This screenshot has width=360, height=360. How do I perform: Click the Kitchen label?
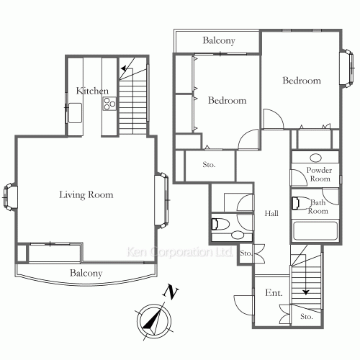[x=92, y=91]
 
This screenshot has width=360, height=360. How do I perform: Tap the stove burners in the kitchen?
[x=109, y=105]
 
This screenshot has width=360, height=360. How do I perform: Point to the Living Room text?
[x=86, y=195]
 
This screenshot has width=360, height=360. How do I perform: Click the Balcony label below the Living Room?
[x=86, y=274]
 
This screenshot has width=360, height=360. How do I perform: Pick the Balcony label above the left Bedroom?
[x=218, y=41]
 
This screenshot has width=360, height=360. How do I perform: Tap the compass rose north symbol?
[x=153, y=320]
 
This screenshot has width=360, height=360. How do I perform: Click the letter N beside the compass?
[x=171, y=292]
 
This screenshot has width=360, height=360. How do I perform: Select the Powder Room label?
[x=318, y=174]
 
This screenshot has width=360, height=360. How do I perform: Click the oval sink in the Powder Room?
[x=315, y=158]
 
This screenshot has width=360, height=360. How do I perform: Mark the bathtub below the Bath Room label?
[x=315, y=232]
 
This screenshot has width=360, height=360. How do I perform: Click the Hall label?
[x=271, y=214]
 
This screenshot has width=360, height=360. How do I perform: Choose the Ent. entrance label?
[x=273, y=293]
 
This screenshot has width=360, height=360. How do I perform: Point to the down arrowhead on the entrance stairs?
[x=306, y=292]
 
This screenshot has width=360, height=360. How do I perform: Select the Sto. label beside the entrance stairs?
[x=306, y=315]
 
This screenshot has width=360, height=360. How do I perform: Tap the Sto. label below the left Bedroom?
[x=209, y=165]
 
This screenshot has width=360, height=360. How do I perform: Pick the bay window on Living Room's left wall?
[x=9, y=195]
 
